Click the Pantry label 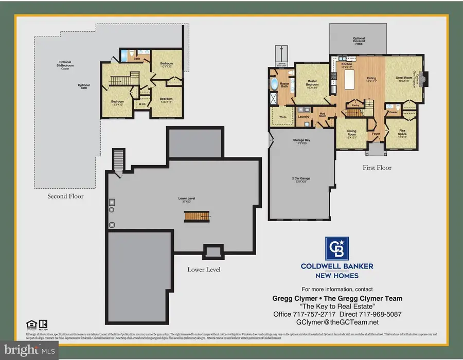[x=355, y=105]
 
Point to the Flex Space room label [x=403, y=133]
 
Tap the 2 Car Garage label [x=301, y=178]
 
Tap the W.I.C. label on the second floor [x=142, y=104]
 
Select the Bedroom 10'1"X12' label [x=166, y=64]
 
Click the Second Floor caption [x=65, y=196]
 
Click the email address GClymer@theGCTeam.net [x=337, y=322]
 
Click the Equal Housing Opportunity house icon [x=29, y=323]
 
